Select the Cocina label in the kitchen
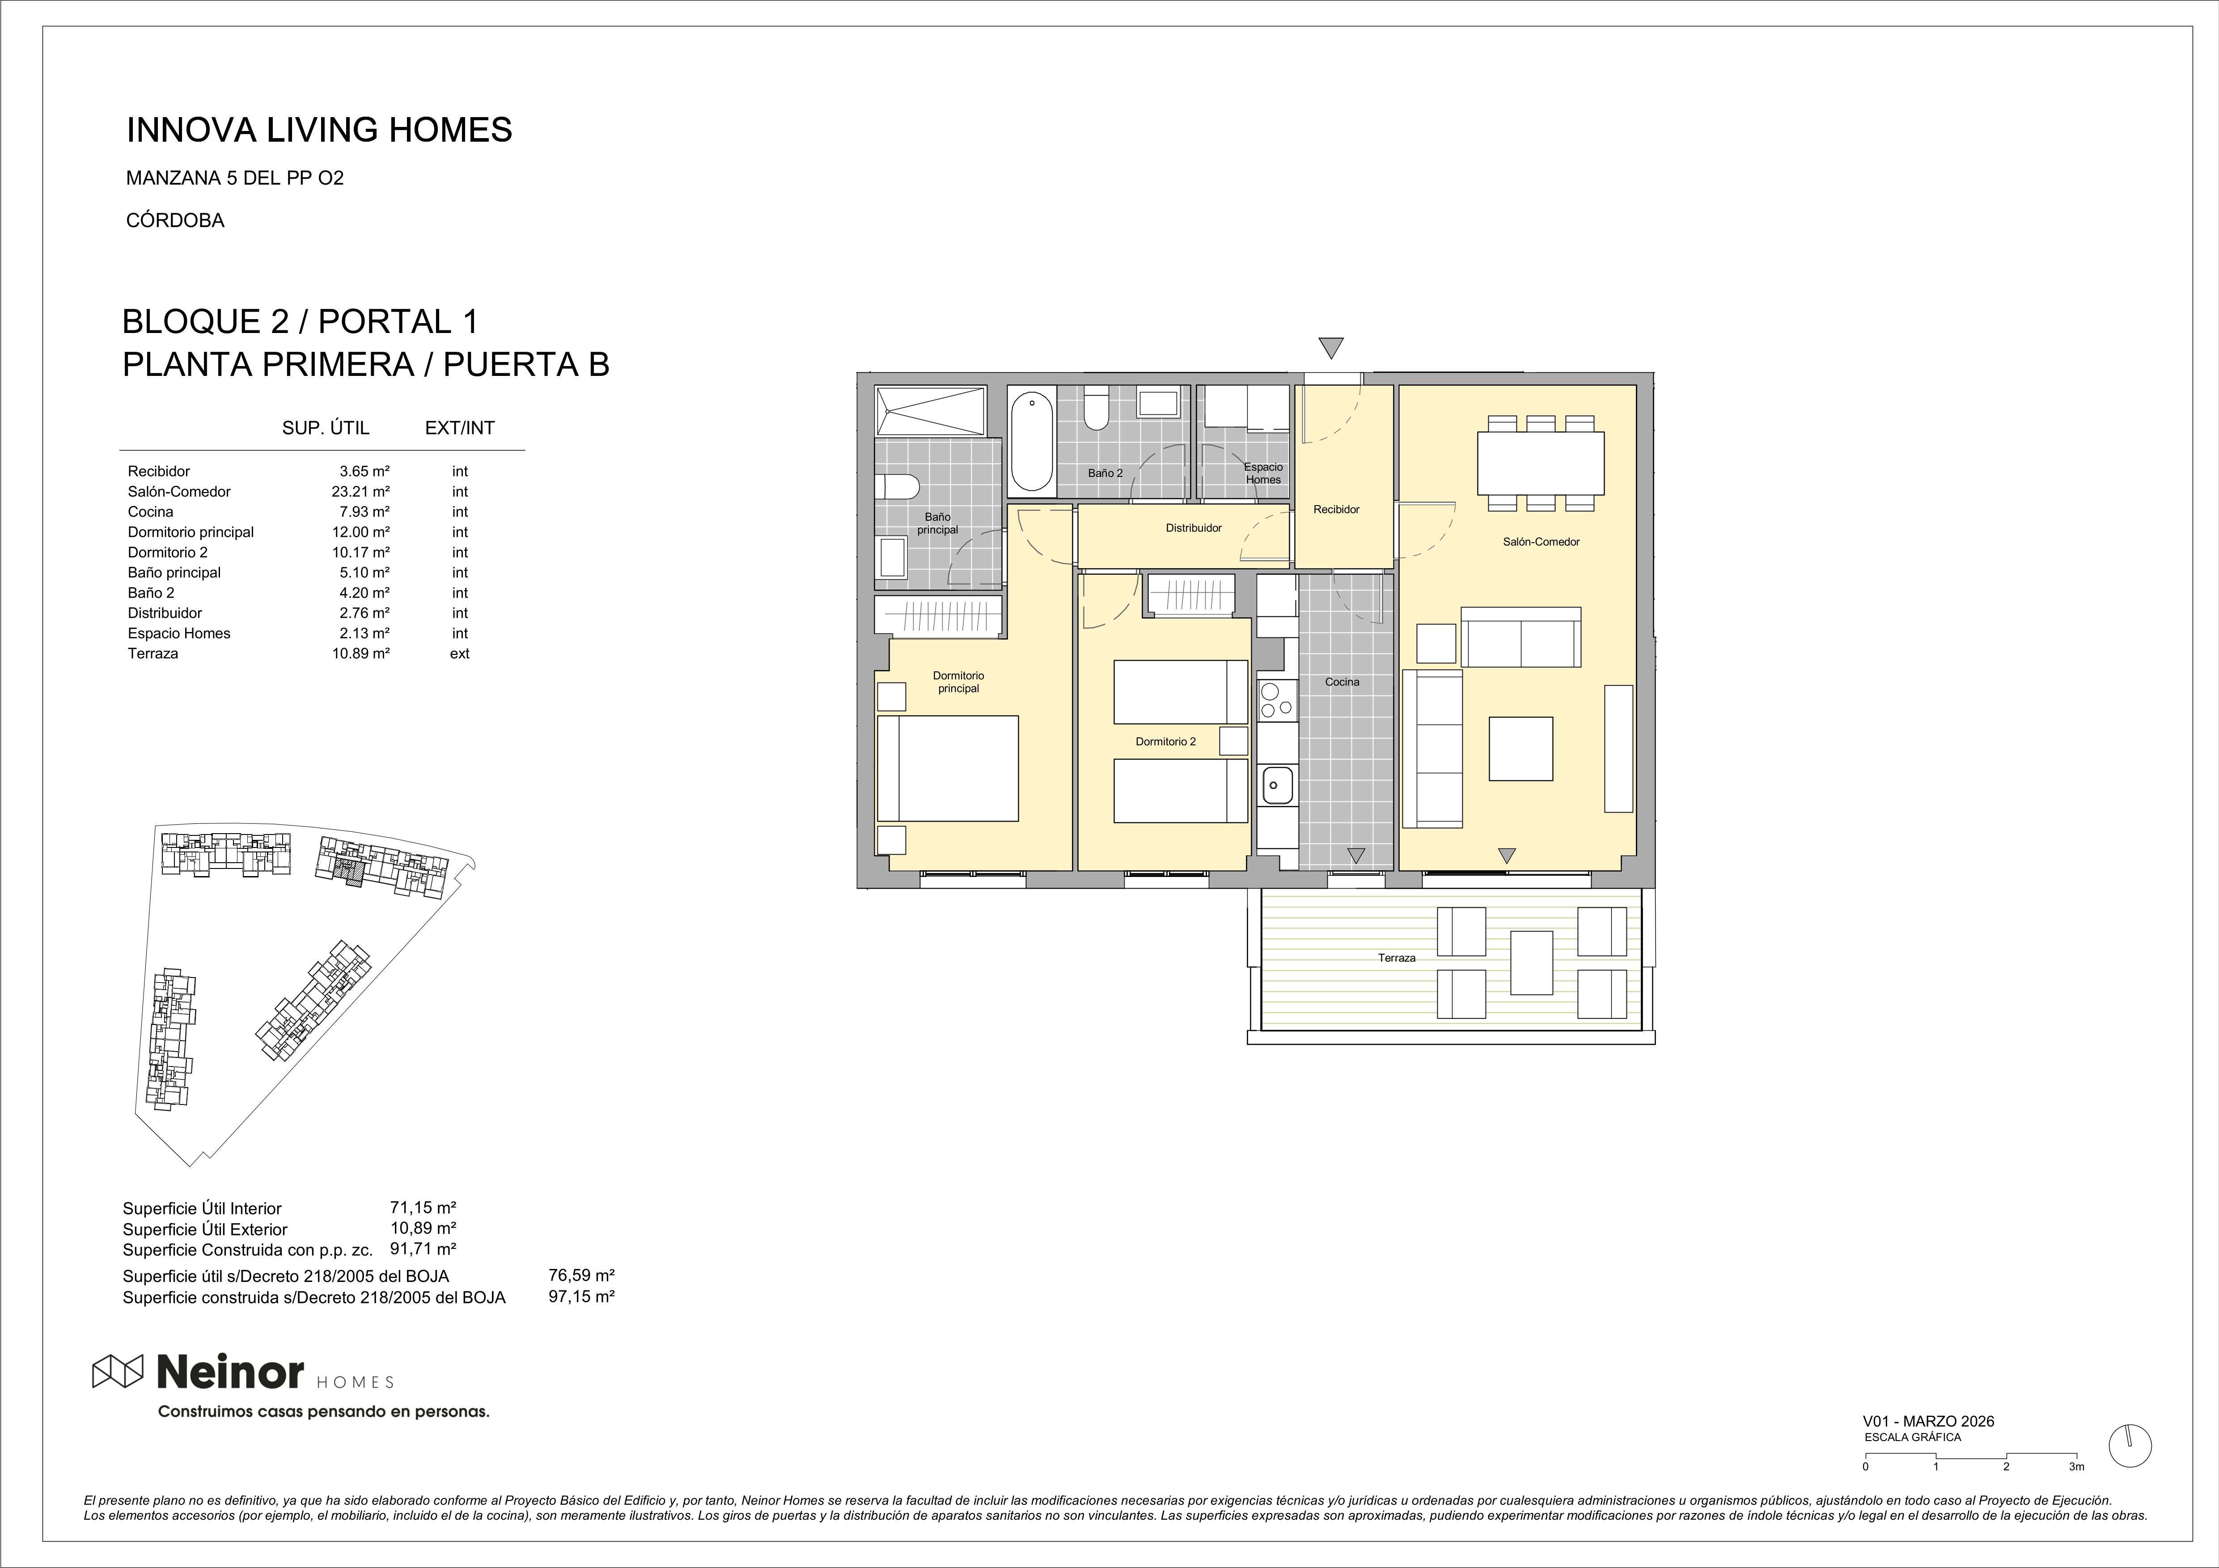click(1342, 682)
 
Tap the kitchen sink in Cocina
click(1277, 784)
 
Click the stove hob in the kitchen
click(1277, 700)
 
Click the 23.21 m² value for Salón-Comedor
click(360, 492)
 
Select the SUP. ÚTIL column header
click(326, 428)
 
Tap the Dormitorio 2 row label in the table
click(167, 552)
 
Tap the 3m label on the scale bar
click(2076, 1494)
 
